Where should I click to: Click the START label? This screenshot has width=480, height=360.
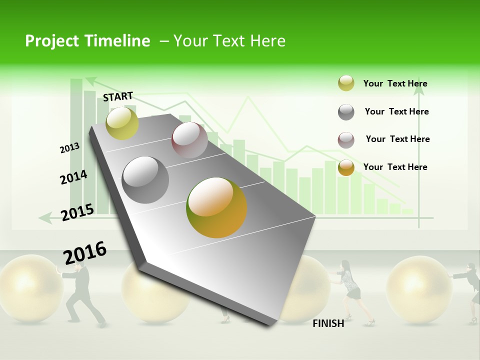(x=118, y=96)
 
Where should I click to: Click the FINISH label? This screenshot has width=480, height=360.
(x=328, y=323)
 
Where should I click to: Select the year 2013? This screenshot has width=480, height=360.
(x=69, y=148)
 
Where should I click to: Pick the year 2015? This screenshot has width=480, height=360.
(x=77, y=212)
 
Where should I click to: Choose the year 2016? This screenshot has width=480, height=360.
(x=85, y=253)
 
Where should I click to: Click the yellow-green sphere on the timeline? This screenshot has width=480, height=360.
(x=122, y=123)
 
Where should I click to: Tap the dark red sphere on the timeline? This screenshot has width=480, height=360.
(x=189, y=140)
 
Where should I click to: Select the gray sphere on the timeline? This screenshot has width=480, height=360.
(x=145, y=180)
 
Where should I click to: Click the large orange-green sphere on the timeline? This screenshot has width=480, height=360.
(x=216, y=207)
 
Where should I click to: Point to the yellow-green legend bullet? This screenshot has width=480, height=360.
(x=346, y=83)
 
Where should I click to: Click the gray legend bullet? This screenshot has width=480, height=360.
(x=346, y=112)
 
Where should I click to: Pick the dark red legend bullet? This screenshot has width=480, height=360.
(x=346, y=140)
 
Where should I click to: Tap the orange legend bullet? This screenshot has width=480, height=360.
(x=346, y=167)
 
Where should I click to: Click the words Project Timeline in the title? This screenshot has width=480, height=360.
(x=87, y=41)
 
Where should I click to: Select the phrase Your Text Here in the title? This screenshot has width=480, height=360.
(x=229, y=41)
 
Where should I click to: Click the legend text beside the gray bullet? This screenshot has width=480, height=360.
(x=396, y=111)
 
